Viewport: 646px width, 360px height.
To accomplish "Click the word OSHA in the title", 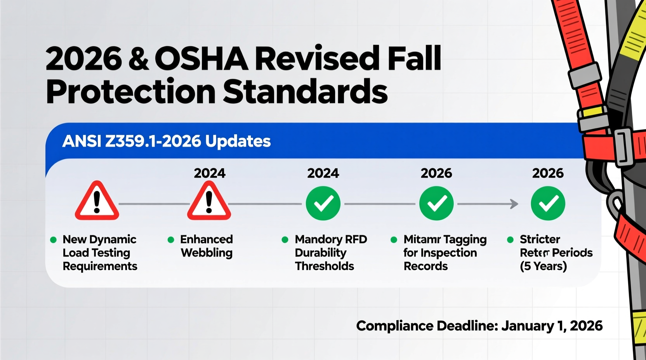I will point(201,59).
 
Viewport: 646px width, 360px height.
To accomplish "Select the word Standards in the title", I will point(305,92).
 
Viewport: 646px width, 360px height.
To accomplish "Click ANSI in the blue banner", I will point(82,141).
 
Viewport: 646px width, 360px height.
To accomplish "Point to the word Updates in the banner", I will point(238,141).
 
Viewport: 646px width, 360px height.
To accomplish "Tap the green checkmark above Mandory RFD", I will point(323,203).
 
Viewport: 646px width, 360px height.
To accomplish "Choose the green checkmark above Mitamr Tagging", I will point(436,203).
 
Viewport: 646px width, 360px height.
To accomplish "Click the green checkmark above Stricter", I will point(548,203).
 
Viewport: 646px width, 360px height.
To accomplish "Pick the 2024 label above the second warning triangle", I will point(210,173).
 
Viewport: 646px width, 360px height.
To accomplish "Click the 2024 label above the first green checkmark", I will point(323,173).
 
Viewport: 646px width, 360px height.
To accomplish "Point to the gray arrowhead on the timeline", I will point(514,204).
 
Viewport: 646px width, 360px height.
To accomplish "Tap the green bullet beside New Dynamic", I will point(54,240).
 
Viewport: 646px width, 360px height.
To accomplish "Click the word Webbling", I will point(207,253).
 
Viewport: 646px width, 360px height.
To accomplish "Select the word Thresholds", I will point(325,266).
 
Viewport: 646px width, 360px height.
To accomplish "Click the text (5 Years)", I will point(543,266).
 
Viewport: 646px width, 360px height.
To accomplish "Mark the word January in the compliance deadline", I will point(527,326).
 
